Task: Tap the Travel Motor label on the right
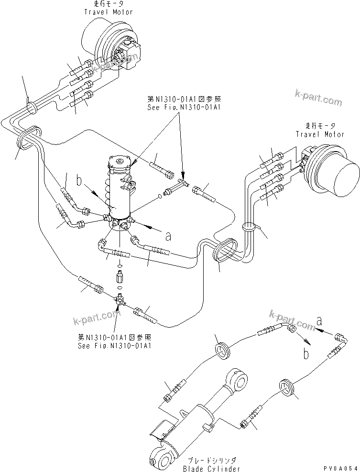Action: tap(319, 134)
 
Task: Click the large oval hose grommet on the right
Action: tap(225, 251)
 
